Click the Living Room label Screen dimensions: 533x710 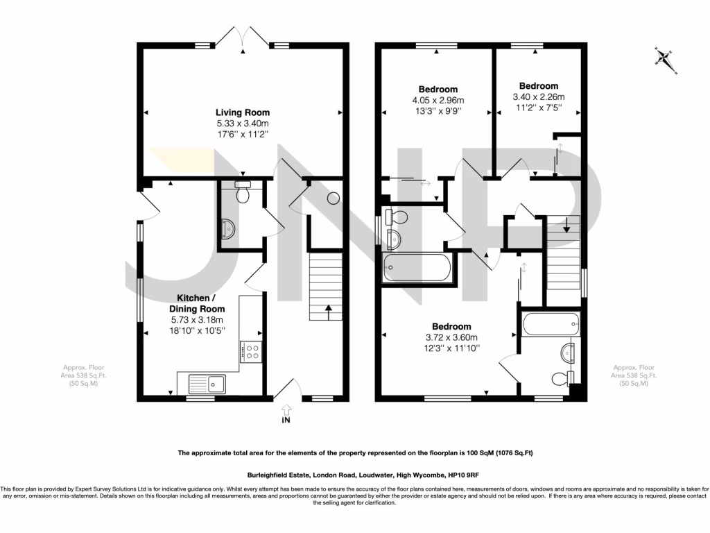(242, 112)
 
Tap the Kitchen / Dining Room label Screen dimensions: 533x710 (198, 303)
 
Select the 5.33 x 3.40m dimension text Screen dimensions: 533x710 (242, 124)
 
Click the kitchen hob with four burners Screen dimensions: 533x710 (250, 352)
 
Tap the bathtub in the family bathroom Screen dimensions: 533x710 (417, 267)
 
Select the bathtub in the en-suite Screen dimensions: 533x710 (551, 322)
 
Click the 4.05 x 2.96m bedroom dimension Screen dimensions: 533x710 (438, 101)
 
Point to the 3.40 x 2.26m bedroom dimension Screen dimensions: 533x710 (538, 97)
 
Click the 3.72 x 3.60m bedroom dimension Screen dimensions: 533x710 (451, 337)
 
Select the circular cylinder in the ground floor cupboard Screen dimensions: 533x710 (333, 198)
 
